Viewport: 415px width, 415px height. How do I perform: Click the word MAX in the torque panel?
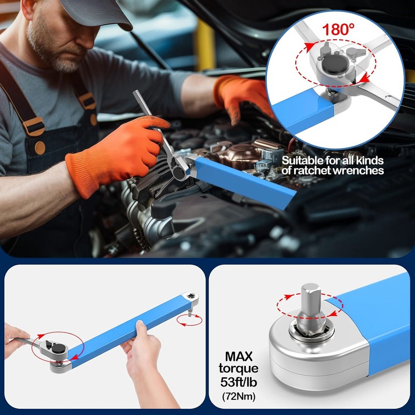point(238,357)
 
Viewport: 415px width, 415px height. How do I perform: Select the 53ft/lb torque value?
point(238,384)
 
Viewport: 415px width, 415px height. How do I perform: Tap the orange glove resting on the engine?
point(244,93)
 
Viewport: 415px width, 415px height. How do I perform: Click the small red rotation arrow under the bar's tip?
point(189,321)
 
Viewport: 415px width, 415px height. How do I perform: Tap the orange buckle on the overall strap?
point(35,125)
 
